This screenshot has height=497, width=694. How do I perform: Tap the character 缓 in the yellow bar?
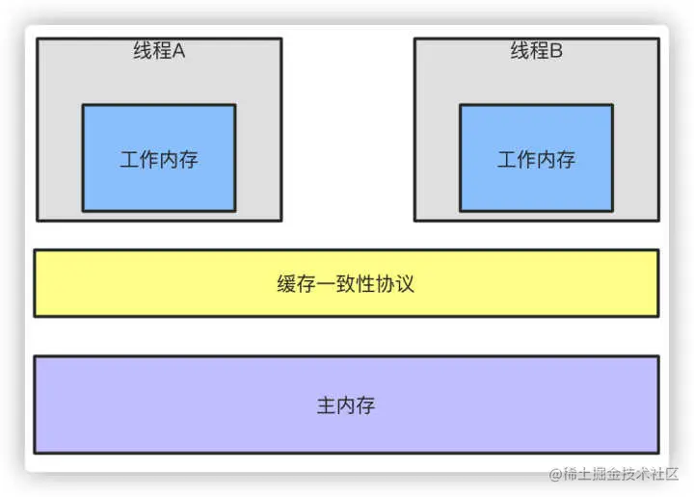tap(286, 285)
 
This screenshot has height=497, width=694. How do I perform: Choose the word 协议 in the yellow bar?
tap(395, 285)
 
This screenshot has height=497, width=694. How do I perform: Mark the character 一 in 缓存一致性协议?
tap(326, 285)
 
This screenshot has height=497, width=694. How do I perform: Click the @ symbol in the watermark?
tap(556, 475)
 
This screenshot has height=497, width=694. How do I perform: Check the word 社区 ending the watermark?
tap(665, 475)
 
